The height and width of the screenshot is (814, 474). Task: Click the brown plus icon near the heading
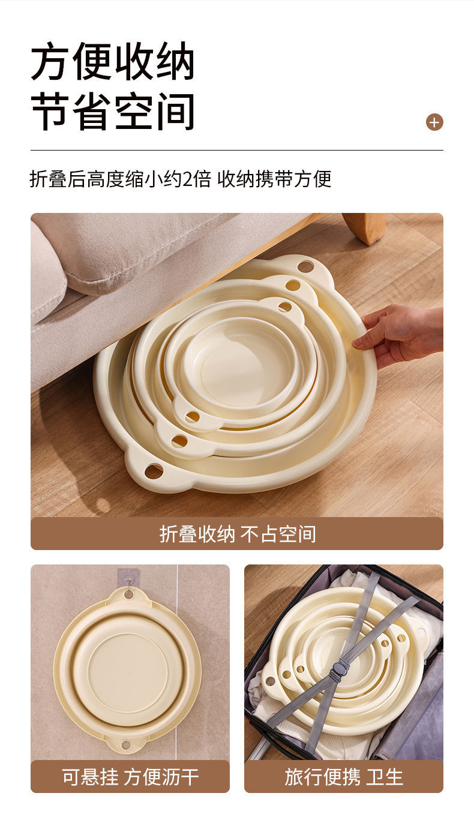tap(434, 122)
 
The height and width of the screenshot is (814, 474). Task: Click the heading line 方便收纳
tap(113, 62)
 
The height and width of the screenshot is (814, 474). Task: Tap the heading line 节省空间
tap(113, 111)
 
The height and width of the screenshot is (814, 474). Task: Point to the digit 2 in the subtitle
tap(188, 179)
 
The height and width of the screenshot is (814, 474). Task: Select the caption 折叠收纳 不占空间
tap(237, 534)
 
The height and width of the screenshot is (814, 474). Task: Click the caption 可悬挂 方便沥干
tap(130, 777)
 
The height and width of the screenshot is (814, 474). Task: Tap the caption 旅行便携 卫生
tap(343, 777)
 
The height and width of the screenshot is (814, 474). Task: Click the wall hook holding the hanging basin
tap(128, 579)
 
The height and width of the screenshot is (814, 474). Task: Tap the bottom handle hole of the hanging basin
tap(126, 745)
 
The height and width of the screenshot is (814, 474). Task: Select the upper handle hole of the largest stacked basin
tap(305, 266)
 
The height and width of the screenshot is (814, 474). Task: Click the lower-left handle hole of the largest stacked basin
tap(154, 471)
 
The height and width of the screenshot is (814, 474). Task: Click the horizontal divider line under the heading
tap(237, 150)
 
